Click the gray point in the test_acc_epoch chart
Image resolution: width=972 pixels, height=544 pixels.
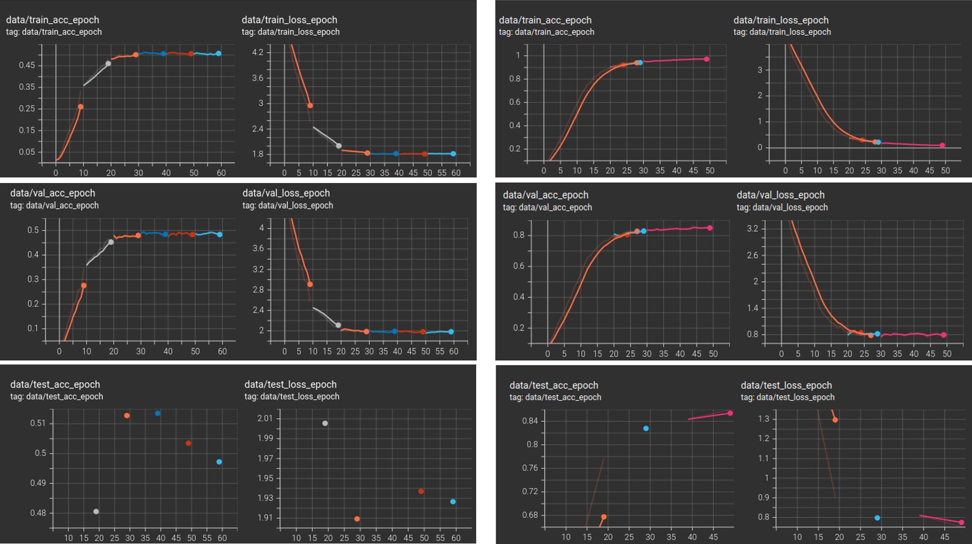(96, 511)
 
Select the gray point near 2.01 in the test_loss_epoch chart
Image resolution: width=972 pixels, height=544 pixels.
(325, 423)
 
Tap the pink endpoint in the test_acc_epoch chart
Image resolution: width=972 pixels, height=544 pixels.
(730, 413)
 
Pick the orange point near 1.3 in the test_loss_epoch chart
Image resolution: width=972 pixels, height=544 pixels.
(835, 419)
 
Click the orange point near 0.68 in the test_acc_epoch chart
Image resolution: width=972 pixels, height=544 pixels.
(604, 517)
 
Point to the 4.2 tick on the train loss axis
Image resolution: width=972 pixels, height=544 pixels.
(257, 52)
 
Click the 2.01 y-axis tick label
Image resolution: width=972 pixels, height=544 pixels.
(265, 418)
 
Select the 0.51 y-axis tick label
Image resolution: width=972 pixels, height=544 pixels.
(38, 423)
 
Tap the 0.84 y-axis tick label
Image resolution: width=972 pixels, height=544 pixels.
(530, 420)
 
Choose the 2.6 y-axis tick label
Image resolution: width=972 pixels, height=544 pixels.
(752, 255)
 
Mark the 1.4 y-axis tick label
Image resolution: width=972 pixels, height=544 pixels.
(752, 308)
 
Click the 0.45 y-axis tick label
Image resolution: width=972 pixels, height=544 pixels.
(27, 65)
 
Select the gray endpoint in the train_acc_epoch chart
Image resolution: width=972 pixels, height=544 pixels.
(108, 64)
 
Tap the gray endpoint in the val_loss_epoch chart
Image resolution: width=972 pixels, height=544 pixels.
(338, 325)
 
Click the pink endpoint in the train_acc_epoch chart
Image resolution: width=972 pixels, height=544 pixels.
(706, 59)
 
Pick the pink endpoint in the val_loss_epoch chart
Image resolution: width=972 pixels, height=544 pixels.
(943, 335)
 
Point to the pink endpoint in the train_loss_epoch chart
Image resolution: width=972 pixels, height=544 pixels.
(942, 145)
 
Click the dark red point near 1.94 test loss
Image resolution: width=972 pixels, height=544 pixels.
(421, 491)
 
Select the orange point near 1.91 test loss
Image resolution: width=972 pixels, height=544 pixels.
(357, 519)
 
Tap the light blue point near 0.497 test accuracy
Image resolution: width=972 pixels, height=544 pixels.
(219, 462)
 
